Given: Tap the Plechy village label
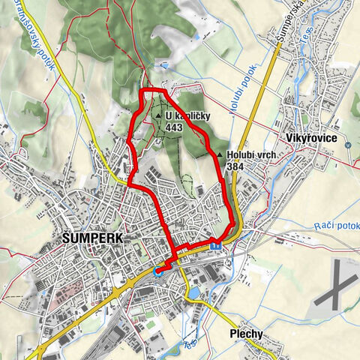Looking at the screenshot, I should click(x=248, y=335).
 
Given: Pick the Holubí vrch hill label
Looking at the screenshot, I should click(x=251, y=155).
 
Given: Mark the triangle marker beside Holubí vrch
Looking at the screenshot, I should click(x=220, y=155).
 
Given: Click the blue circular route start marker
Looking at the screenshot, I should click(x=158, y=271).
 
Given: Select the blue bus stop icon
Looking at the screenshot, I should click(x=215, y=243).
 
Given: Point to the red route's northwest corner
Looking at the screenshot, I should click(x=143, y=91).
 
